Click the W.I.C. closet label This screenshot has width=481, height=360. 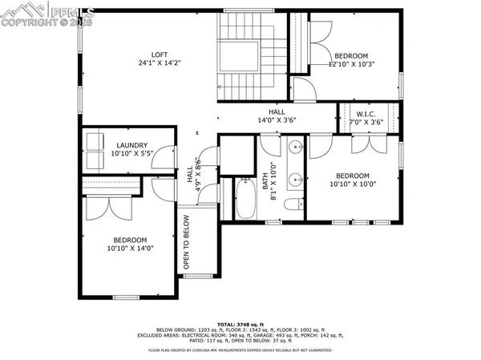coord(370,113)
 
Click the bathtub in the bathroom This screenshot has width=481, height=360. coord(245,199)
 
